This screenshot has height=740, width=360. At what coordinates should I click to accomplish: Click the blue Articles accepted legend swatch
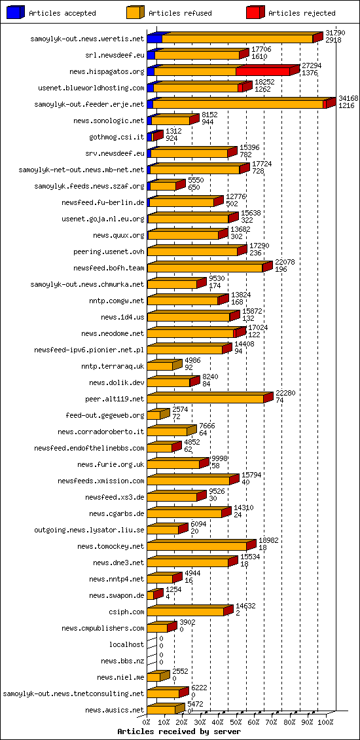tap(16, 12)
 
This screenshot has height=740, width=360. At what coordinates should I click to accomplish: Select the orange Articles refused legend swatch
tap(135, 12)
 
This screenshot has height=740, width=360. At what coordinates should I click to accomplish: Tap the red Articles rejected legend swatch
tap(255, 12)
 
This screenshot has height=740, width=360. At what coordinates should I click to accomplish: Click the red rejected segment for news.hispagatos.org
tap(262, 71)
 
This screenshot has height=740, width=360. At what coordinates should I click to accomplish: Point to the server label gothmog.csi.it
tap(117, 137)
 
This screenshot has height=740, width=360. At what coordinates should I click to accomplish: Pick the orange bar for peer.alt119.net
tap(206, 399)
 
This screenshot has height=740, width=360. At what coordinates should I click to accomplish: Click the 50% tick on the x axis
tap(236, 722)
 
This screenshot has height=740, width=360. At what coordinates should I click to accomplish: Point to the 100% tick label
tap(325, 722)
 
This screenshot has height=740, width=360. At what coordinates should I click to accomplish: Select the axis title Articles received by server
tap(179, 731)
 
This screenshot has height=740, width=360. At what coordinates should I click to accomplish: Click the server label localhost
tap(126, 644)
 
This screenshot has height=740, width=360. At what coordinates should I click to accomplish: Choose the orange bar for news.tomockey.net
tap(196, 546)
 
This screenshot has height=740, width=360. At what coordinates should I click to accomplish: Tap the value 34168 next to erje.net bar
tap(348, 98)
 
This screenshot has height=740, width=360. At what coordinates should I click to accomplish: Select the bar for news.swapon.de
tap(151, 595)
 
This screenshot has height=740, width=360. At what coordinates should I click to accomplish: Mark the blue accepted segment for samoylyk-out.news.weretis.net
tap(154, 39)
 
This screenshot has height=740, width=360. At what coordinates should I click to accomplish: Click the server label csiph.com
tap(130, 612)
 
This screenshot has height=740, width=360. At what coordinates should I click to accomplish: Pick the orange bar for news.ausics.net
tap(161, 710)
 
